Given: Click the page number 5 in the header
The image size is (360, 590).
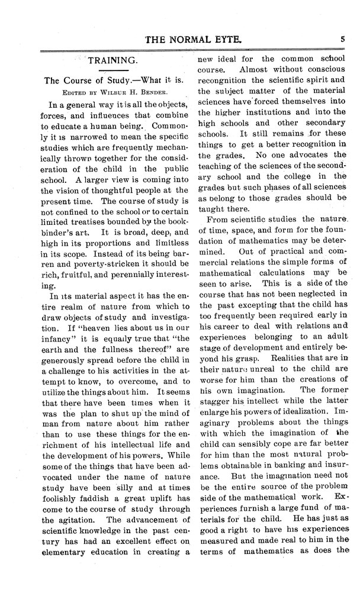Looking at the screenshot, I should [x=343, y=39].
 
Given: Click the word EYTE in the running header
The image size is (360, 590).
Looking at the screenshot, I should [x=223, y=40].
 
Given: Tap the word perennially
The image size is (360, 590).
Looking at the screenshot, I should [x=134, y=300].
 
